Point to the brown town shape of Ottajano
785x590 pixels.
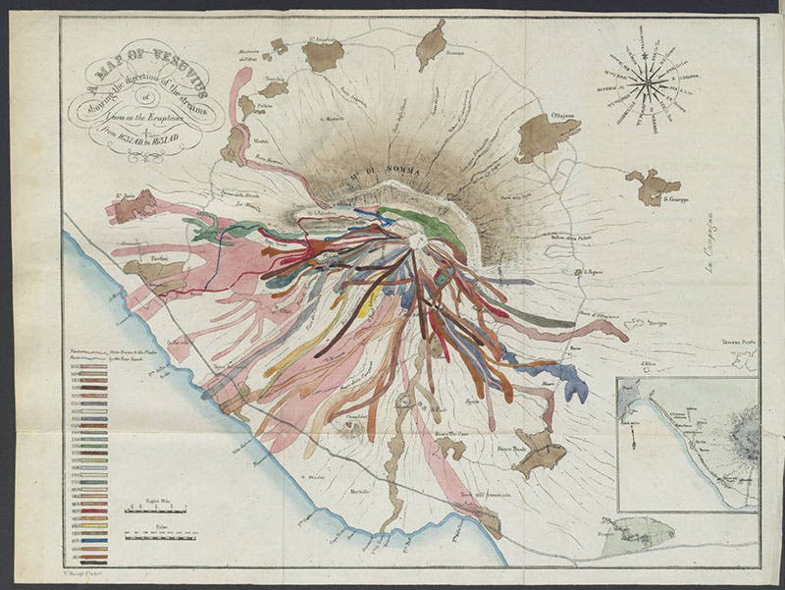545,134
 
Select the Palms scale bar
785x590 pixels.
159,536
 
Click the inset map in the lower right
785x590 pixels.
687,444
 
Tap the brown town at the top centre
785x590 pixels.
430,45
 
